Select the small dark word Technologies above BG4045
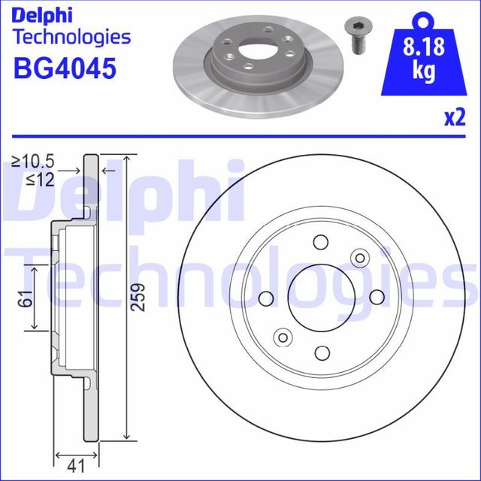tap(72, 37)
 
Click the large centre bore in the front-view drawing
tap(321, 297)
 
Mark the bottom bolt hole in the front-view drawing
tap(321, 352)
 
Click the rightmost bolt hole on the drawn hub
tap(377, 297)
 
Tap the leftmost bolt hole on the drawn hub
tap(265, 298)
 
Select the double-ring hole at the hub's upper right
tap(359, 259)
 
